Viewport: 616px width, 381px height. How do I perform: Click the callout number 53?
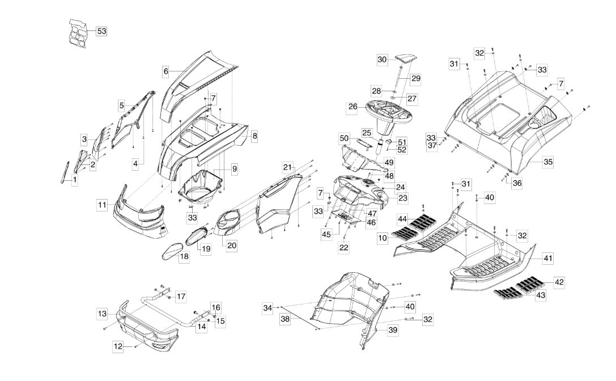point(101,31)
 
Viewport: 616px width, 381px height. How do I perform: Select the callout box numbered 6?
point(166,71)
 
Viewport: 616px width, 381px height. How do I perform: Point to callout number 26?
point(352,106)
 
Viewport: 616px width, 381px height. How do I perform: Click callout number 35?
point(548,162)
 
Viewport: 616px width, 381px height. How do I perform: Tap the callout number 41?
point(548,258)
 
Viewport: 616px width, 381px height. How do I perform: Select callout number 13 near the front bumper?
point(101,313)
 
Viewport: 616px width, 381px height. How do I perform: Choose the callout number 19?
point(206,248)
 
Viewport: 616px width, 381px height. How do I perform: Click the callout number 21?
point(288,167)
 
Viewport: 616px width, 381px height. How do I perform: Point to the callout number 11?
point(101,205)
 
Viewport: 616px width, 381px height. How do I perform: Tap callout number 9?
point(234,168)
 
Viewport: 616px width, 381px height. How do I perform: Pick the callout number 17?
point(181,296)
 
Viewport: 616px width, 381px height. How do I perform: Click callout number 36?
point(517,183)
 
